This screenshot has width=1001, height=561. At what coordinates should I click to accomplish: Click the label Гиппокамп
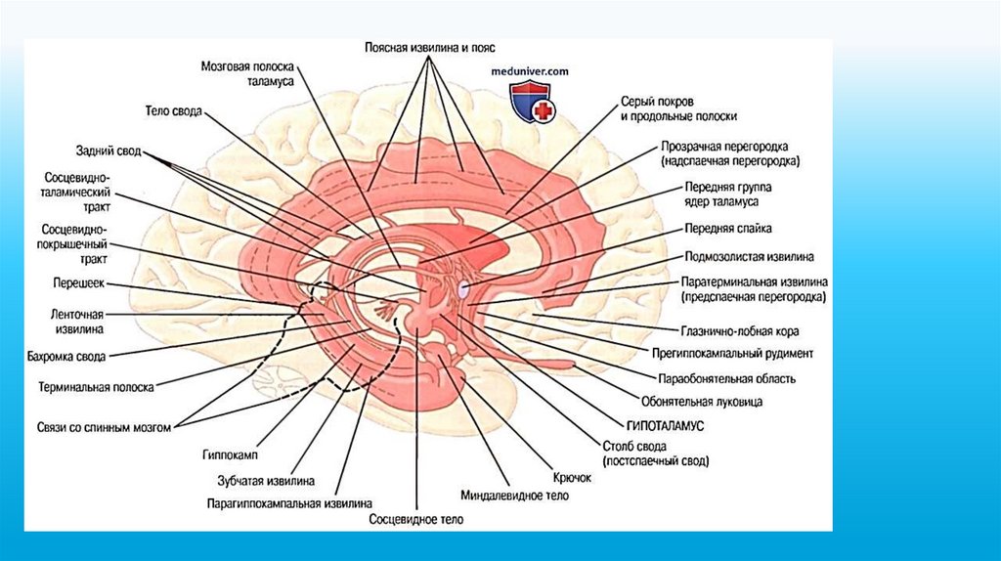coord(230,454)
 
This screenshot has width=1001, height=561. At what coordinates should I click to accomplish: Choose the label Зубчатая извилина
coord(265,480)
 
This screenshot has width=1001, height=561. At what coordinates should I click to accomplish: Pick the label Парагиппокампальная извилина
coord(288,504)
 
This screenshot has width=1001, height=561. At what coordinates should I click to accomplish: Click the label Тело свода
coord(173,112)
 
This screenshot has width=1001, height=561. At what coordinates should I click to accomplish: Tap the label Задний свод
coord(109,151)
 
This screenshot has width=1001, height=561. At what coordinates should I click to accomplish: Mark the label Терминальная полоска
coord(97,387)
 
